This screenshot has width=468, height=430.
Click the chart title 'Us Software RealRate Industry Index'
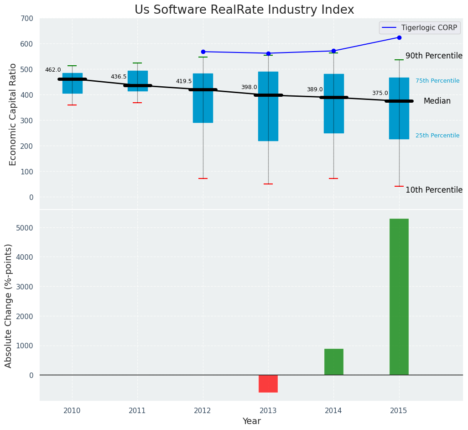pos(244,10)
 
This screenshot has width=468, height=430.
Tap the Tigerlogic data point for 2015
pos(399,37)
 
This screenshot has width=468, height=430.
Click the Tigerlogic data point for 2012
pos(203,52)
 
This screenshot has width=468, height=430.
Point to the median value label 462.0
pos(53,70)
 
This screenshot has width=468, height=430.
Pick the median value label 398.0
pos(249,87)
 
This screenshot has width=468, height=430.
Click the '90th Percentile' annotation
pos(434,56)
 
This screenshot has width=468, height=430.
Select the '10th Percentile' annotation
pos(434,190)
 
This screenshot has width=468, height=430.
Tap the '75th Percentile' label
pos(437,81)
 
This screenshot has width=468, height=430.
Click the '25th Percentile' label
pos(437,136)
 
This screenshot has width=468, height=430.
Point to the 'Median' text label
pos(437,101)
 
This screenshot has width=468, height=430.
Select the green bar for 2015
pos(399,297)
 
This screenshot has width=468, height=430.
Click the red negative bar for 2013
pos(268,383)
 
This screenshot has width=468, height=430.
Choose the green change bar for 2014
pos(333,362)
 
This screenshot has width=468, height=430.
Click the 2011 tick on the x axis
pos(137,410)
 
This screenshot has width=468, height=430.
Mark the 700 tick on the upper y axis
pos(27,18)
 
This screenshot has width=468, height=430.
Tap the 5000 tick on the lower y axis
pos(25,228)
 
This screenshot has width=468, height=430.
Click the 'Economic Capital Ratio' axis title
pos(13,114)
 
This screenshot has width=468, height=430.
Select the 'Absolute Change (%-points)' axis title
pos(9,305)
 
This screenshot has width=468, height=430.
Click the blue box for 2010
pos(72,84)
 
